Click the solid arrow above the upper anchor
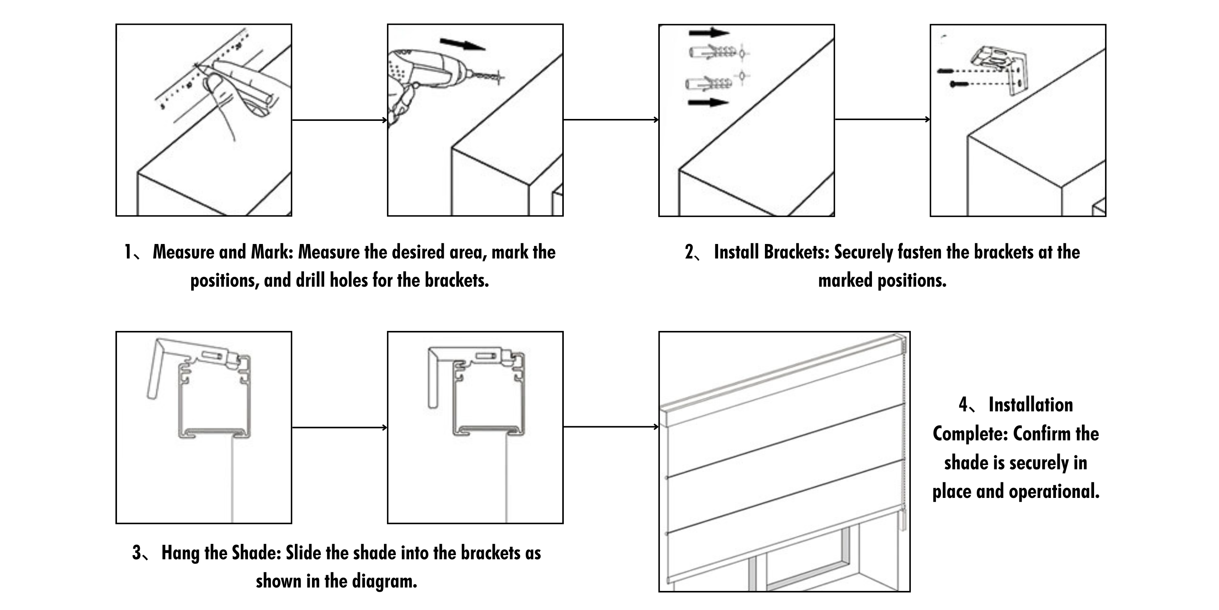[x=709, y=32]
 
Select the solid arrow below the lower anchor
[x=707, y=102]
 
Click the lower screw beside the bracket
[x=959, y=84]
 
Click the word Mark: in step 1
[x=272, y=252]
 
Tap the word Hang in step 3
[x=180, y=553]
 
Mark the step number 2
[x=689, y=252]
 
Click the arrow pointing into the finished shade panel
[x=610, y=427]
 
